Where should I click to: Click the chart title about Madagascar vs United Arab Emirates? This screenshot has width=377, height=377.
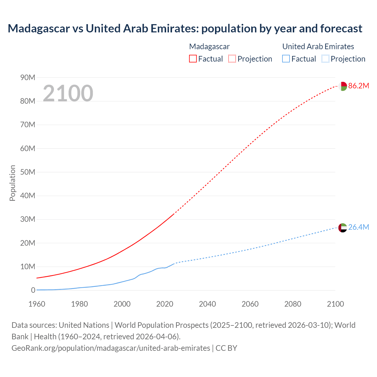[x=185, y=29]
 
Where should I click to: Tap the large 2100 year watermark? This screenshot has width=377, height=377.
[x=68, y=93]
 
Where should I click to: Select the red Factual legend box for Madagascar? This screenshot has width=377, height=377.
[x=193, y=59]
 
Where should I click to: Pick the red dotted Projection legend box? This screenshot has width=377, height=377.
[x=232, y=59]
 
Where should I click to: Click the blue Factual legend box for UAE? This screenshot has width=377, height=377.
[x=286, y=59]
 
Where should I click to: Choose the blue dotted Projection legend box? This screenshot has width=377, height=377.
[x=325, y=59]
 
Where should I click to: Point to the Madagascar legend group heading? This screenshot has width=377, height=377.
[x=209, y=47]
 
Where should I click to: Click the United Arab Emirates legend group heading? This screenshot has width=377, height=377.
[x=318, y=47]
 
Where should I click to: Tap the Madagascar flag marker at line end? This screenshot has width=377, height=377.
[x=343, y=86]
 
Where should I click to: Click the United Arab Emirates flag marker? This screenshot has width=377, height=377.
[x=343, y=228]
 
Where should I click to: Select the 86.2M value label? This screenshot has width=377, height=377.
[x=358, y=86]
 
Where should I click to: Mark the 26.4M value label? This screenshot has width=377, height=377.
[x=358, y=227]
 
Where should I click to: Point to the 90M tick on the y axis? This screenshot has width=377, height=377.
[x=28, y=77]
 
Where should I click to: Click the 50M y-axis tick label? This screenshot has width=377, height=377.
[x=28, y=172]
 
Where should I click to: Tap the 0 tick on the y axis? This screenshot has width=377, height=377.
[x=33, y=290]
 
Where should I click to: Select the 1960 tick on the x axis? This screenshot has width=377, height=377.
[x=37, y=304]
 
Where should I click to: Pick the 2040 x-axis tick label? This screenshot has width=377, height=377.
[x=207, y=304]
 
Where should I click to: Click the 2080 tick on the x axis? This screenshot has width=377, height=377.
[x=293, y=304]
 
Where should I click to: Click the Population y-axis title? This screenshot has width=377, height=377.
[x=12, y=183]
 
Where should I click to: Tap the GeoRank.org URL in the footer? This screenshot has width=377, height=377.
[x=111, y=348]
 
